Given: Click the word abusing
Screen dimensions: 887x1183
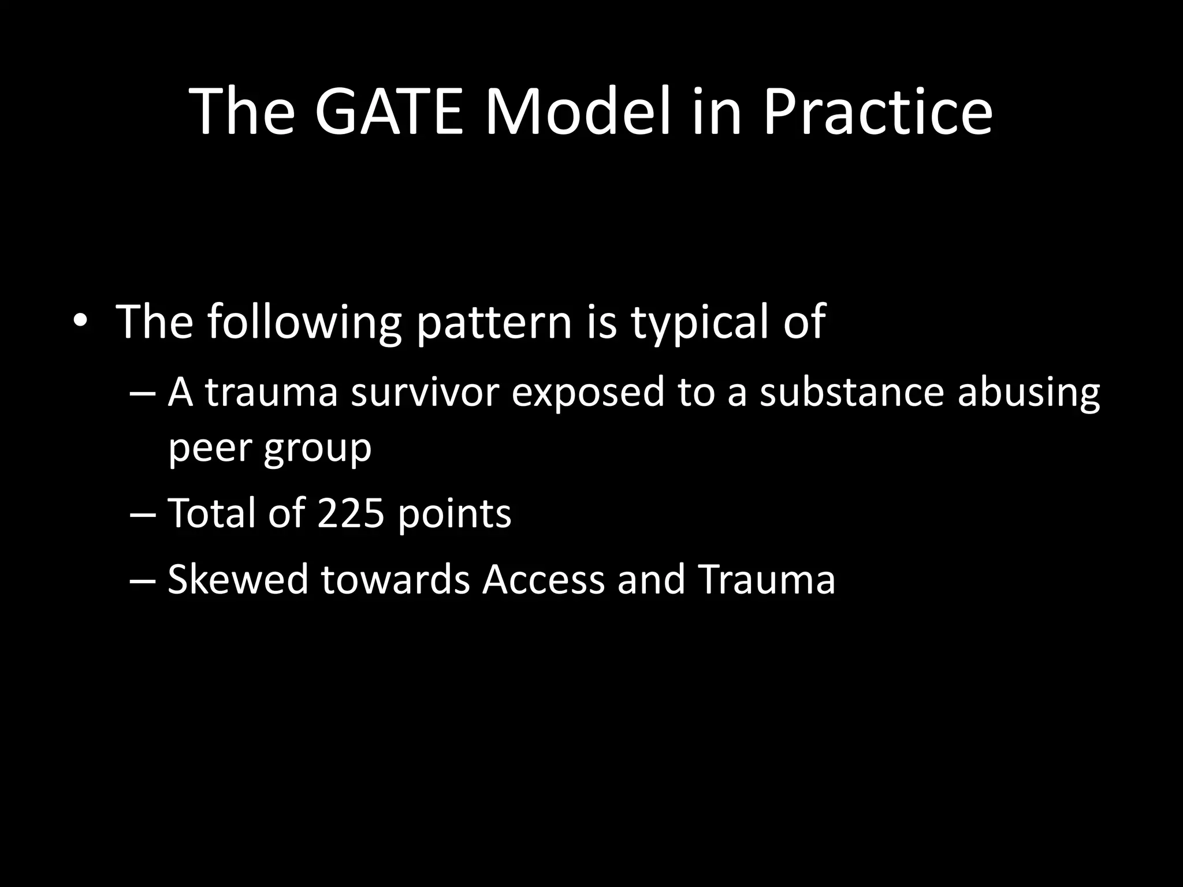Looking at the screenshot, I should (1029, 393).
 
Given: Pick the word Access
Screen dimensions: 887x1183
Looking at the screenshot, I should (543, 579).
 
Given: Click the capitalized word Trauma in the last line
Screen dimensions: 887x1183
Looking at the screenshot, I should (766, 579).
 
